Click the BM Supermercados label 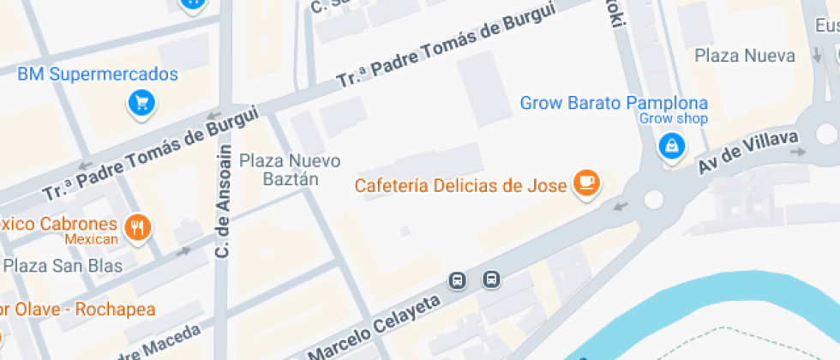click(98, 75)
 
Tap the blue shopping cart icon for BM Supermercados click(141, 104)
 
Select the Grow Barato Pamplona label click(614, 103)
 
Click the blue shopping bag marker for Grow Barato click(671, 146)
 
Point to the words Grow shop click(674, 119)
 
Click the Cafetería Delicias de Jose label click(461, 185)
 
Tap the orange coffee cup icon click(587, 182)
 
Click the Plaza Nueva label click(745, 56)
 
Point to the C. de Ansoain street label click(224, 202)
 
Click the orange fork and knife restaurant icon click(137, 227)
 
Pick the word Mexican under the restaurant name click(91, 239)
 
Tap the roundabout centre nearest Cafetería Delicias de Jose click(653, 200)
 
